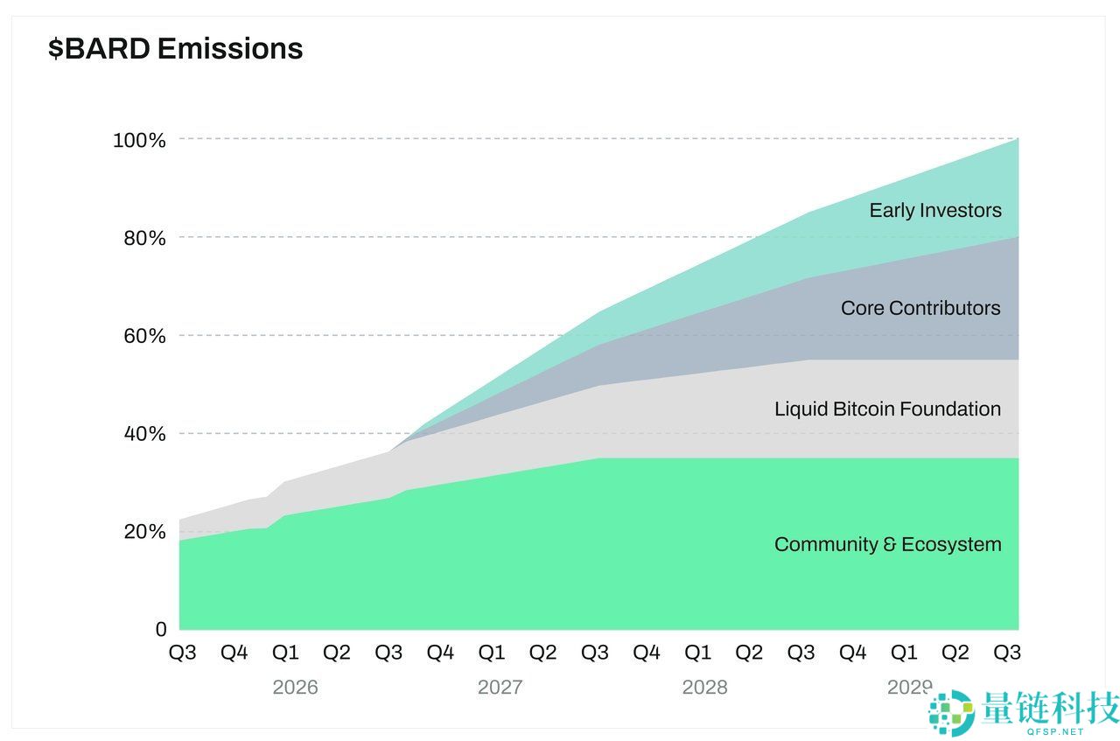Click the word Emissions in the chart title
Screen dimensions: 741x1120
(230, 48)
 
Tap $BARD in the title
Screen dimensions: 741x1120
(100, 48)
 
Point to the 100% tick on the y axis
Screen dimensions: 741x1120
(140, 139)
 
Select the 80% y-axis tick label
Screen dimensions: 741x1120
(144, 237)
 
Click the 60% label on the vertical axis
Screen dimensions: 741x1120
(144, 335)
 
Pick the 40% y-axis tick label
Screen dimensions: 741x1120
(144, 433)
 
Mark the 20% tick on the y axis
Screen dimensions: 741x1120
(144, 531)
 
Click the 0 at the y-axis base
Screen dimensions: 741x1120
(161, 629)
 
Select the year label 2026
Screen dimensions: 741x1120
(296, 687)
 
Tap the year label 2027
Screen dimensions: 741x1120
(500, 687)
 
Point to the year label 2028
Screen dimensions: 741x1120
(705, 687)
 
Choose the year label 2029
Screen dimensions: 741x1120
(908, 687)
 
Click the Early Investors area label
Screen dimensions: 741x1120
(935, 210)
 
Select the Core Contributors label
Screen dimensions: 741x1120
(920, 308)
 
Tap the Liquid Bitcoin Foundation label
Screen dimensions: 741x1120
(887, 409)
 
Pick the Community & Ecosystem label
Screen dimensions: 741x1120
(887, 544)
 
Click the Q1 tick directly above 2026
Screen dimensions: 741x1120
(285, 653)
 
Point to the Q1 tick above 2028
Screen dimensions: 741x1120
(697, 653)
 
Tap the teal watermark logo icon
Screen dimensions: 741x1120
(951, 711)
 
